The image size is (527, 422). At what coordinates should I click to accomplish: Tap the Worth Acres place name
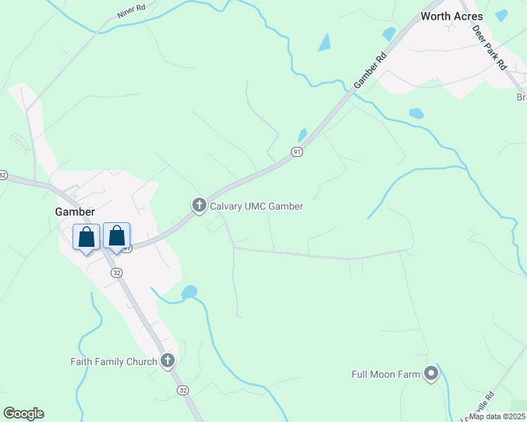coord(452,16)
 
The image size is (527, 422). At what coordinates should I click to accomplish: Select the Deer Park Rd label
coord(490,47)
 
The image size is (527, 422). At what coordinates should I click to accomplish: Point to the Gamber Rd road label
coord(371,70)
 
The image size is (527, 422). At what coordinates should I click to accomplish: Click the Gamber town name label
coord(75,211)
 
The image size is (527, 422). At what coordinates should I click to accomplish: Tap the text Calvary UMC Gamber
coord(256,206)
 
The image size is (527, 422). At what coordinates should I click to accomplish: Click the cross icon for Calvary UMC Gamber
coord(199,205)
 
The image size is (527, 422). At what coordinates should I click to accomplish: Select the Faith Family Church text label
coord(113,362)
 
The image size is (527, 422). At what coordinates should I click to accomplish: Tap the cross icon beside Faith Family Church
coord(167,362)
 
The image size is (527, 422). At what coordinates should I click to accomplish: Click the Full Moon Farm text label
coord(385,374)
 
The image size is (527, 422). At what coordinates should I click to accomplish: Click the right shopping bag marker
coord(117,236)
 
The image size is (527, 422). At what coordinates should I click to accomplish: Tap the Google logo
coord(23,414)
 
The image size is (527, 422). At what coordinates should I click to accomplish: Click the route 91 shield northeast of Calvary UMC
coord(297,152)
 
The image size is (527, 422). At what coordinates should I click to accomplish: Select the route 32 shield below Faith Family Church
coord(182,390)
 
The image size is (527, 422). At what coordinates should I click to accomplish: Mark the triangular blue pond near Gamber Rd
coord(324,43)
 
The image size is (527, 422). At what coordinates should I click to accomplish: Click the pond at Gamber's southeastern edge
coord(189,292)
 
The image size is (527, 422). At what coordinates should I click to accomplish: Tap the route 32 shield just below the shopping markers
coord(116,272)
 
